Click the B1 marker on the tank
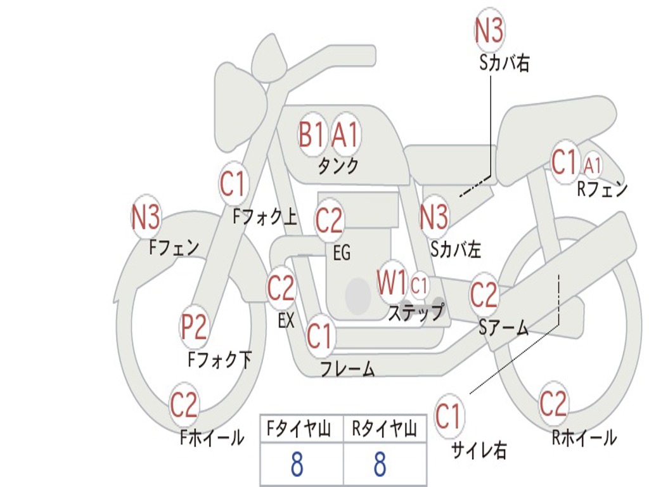tap(311, 134)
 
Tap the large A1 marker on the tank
tap(345, 134)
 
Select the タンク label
tap(338, 166)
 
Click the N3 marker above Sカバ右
tap(489, 30)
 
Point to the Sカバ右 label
tap(504, 63)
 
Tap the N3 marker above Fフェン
tap(145, 217)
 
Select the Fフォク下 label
tap(220, 360)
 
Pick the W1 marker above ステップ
tap(392, 282)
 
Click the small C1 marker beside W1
tap(418, 285)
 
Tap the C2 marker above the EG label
tap(329, 220)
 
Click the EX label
tap(286, 320)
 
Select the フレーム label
tap(348, 368)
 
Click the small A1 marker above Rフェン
tap(593, 166)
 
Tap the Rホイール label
tap(584, 437)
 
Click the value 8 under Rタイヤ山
tap(380, 464)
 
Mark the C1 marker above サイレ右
tap(448, 416)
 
